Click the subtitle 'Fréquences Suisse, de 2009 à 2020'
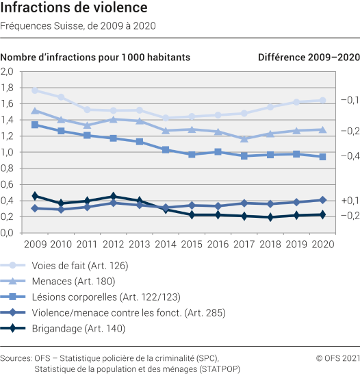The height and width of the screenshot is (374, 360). click(x=78, y=27)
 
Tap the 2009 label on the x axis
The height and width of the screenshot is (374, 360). click(x=35, y=245)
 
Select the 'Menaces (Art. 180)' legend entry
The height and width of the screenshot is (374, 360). click(x=70, y=281)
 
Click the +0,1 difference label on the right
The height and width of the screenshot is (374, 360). click(x=350, y=200)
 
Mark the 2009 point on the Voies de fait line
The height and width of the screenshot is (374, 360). click(x=35, y=90)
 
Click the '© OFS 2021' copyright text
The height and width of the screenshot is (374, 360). click(x=336, y=358)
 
